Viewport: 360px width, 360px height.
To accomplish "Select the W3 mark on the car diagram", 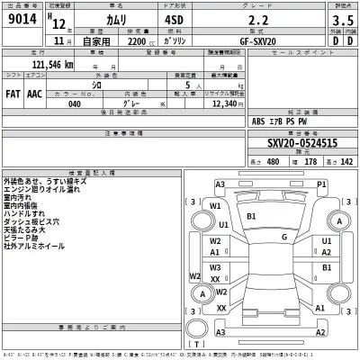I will point(216,268).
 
